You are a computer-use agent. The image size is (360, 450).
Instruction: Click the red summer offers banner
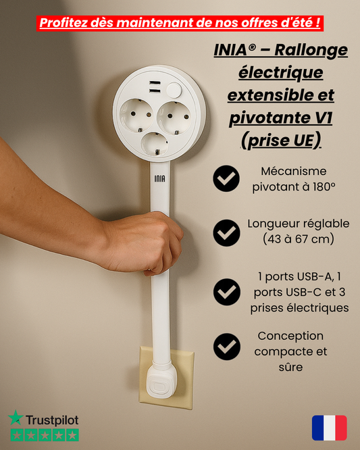click(x=180, y=23)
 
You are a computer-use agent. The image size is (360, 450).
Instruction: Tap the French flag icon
click(x=329, y=428)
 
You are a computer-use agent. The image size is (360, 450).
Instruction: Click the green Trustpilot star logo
click(x=16, y=418)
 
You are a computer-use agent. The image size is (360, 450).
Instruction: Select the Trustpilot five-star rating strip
click(x=43, y=435)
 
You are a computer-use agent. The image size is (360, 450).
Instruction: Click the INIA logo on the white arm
click(x=159, y=179)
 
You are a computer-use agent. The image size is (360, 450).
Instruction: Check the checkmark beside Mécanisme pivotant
click(x=226, y=179)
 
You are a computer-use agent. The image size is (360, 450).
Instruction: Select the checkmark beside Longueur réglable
click(x=226, y=232)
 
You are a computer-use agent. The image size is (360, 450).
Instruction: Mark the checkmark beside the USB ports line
click(x=226, y=292)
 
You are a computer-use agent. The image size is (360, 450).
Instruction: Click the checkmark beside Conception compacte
click(x=226, y=347)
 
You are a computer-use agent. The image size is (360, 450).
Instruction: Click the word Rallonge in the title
click(x=309, y=50)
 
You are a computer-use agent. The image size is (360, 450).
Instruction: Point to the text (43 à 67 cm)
click(x=298, y=239)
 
